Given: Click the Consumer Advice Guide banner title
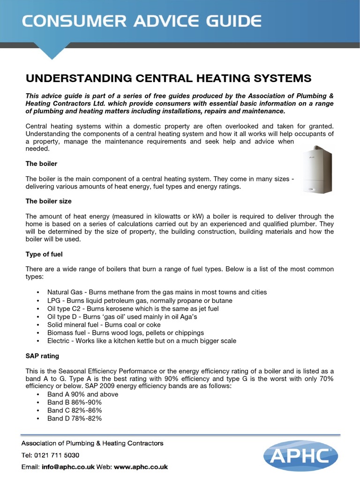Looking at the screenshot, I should (141, 21).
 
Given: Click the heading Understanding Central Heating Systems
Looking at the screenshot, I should (168, 78).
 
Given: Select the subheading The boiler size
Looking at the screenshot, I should (48, 201).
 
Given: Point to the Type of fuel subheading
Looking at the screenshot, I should (44, 254).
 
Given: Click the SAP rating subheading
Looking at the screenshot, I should (42, 356).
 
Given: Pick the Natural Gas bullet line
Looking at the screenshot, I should (157, 292).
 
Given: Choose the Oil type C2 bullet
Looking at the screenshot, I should (133, 308).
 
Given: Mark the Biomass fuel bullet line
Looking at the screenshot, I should (126, 332).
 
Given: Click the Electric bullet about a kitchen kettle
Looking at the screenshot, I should (142, 341).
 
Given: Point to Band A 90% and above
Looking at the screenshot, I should (82, 394).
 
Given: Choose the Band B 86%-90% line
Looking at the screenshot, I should (75, 402).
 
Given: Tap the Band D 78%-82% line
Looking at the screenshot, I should (75, 418).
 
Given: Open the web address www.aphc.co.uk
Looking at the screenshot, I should (141, 467).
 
